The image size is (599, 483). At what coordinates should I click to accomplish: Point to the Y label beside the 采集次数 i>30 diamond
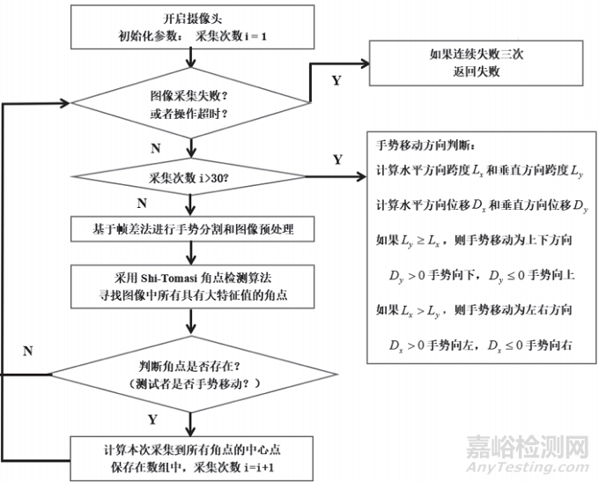(337, 160)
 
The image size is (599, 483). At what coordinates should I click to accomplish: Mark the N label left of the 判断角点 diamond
(27, 351)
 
